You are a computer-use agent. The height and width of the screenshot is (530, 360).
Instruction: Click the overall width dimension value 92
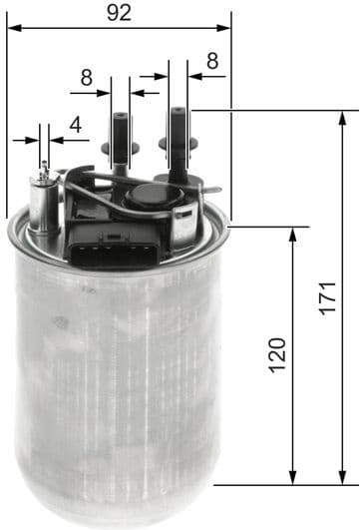click(120, 13)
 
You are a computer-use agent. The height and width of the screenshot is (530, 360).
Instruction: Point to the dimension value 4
click(75, 126)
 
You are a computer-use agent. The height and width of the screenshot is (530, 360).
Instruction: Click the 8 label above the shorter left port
click(87, 76)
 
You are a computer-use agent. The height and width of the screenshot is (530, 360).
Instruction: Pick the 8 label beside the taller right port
click(211, 60)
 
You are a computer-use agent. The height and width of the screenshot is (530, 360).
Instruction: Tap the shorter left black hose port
click(122, 141)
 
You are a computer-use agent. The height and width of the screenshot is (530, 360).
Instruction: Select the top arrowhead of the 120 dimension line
click(293, 233)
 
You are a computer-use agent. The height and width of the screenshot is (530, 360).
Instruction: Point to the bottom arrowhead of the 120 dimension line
click(293, 479)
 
